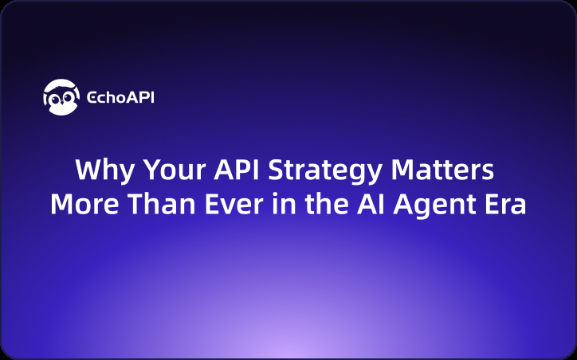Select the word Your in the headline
tap(160, 171)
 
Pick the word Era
tap(502, 204)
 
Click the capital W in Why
tap(86, 171)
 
